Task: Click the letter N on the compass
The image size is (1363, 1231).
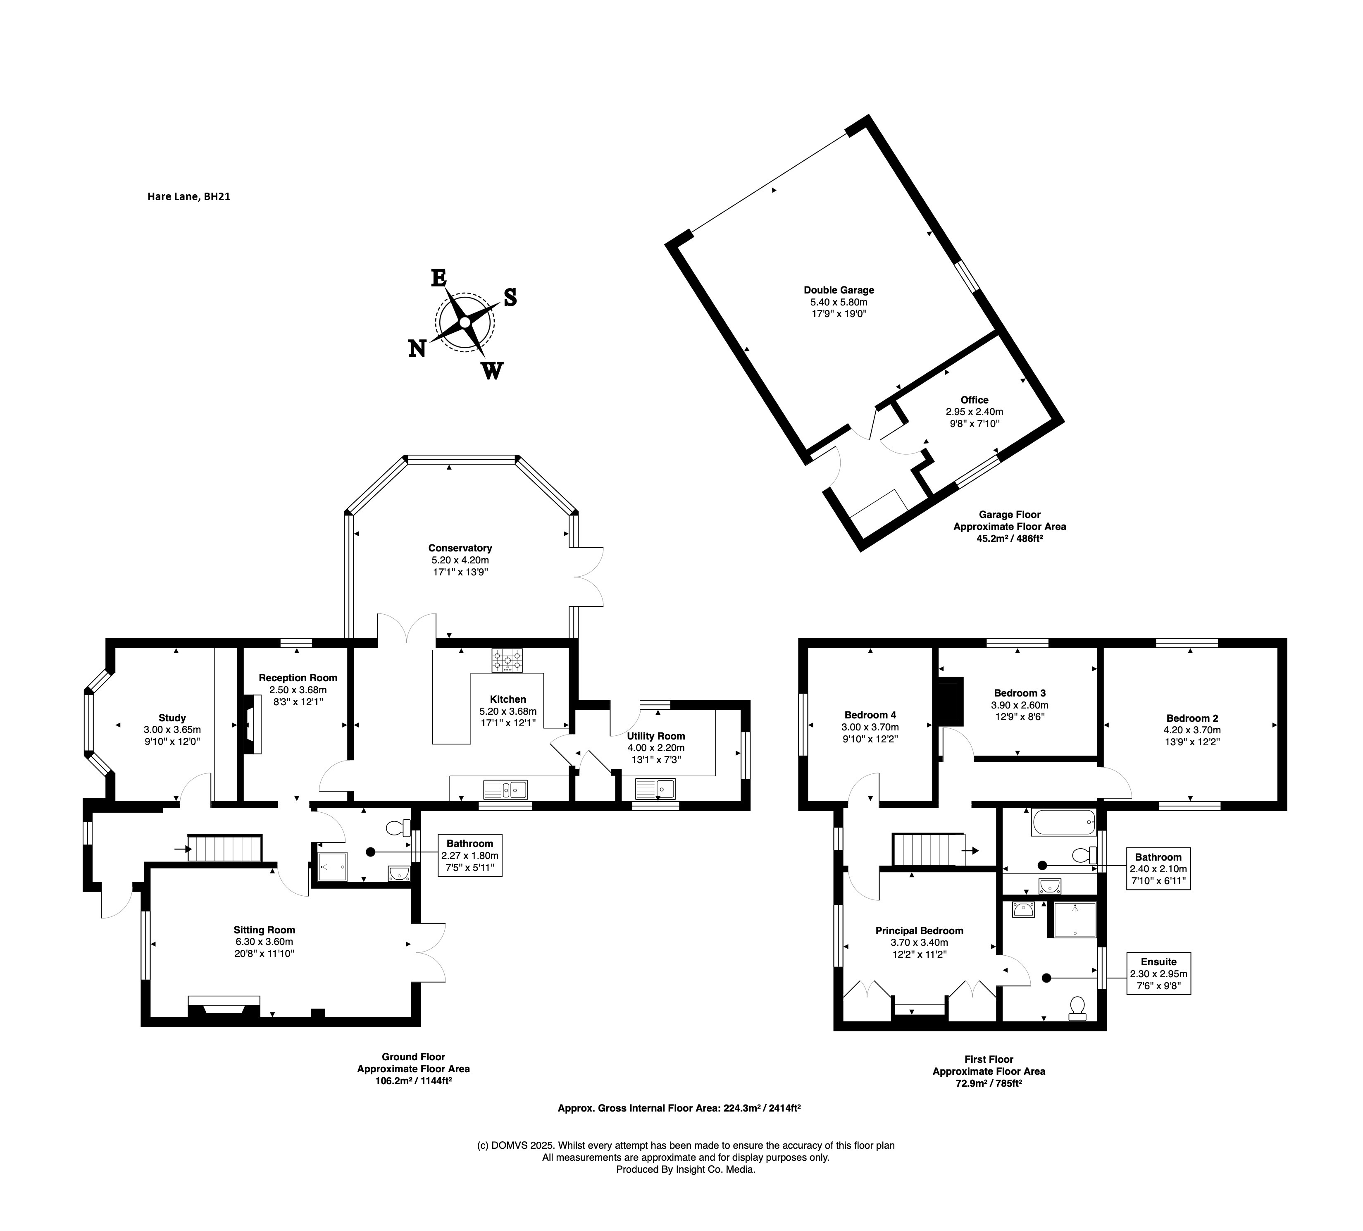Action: click(x=417, y=348)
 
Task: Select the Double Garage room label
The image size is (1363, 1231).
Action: click(x=839, y=290)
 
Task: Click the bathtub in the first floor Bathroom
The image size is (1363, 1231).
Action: click(x=1063, y=823)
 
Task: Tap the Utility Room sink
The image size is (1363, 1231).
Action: click(x=655, y=788)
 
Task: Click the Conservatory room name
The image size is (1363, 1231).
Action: click(x=460, y=548)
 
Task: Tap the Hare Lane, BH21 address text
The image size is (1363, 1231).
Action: click(x=188, y=197)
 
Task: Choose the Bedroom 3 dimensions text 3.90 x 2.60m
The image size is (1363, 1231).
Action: click(x=1020, y=705)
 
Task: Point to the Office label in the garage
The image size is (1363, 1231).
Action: click(x=974, y=400)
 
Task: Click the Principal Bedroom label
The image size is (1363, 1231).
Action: click(x=919, y=930)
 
